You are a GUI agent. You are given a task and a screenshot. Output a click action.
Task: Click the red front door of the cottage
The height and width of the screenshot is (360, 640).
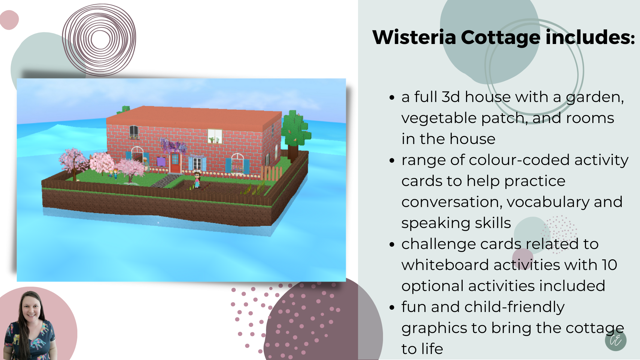click(x=175, y=163)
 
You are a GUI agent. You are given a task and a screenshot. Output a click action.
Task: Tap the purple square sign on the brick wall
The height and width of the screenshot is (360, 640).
click(x=161, y=162)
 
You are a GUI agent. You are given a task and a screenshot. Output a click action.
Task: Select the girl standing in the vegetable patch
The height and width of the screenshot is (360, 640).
click(x=197, y=180)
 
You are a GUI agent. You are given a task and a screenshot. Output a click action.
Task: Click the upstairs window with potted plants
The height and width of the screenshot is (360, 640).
click(x=215, y=136)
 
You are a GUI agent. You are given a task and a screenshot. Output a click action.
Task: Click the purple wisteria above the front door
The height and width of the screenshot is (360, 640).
click(x=173, y=146)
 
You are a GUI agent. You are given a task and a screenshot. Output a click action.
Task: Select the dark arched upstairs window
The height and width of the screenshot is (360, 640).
click(x=134, y=132)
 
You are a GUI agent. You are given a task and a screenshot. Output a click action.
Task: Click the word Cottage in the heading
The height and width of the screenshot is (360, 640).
click(x=500, y=38)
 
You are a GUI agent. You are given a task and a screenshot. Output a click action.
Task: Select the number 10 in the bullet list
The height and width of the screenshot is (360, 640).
click(x=609, y=265)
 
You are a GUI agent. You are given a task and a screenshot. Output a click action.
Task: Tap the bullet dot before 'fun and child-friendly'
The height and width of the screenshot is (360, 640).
click(x=392, y=307)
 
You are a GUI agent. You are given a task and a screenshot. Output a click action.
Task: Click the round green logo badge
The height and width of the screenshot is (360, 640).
click(x=616, y=340)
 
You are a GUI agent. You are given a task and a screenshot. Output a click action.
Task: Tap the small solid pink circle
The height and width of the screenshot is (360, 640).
click(x=9, y=20)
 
